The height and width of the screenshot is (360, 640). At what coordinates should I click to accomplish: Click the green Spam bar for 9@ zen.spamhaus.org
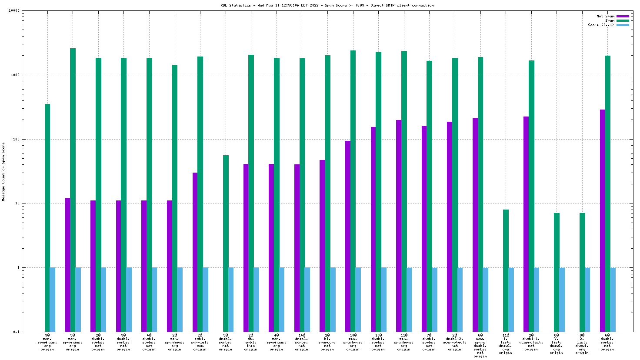(x=47, y=217)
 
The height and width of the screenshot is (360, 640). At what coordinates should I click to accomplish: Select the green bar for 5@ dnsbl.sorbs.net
(x=226, y=243)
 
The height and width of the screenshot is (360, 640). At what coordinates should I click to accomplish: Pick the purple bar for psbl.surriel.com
(x=195, y=252)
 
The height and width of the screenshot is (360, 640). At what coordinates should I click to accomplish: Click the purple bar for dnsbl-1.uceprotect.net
(x=526, y=224)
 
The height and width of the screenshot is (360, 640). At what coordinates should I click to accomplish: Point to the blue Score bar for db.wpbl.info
(x=257, y=300)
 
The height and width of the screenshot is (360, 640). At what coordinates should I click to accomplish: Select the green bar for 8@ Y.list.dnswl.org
(x=557, y=272)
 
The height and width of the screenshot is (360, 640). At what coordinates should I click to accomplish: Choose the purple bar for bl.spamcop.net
(x=322, y=246)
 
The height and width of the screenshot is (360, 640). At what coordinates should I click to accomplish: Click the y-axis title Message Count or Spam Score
(x=3, y=171)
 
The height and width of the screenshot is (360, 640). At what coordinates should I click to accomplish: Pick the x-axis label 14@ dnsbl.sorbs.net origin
(x=302, y=342)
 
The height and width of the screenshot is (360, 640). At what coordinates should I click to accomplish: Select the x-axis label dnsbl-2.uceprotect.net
(x=455, y=342)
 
